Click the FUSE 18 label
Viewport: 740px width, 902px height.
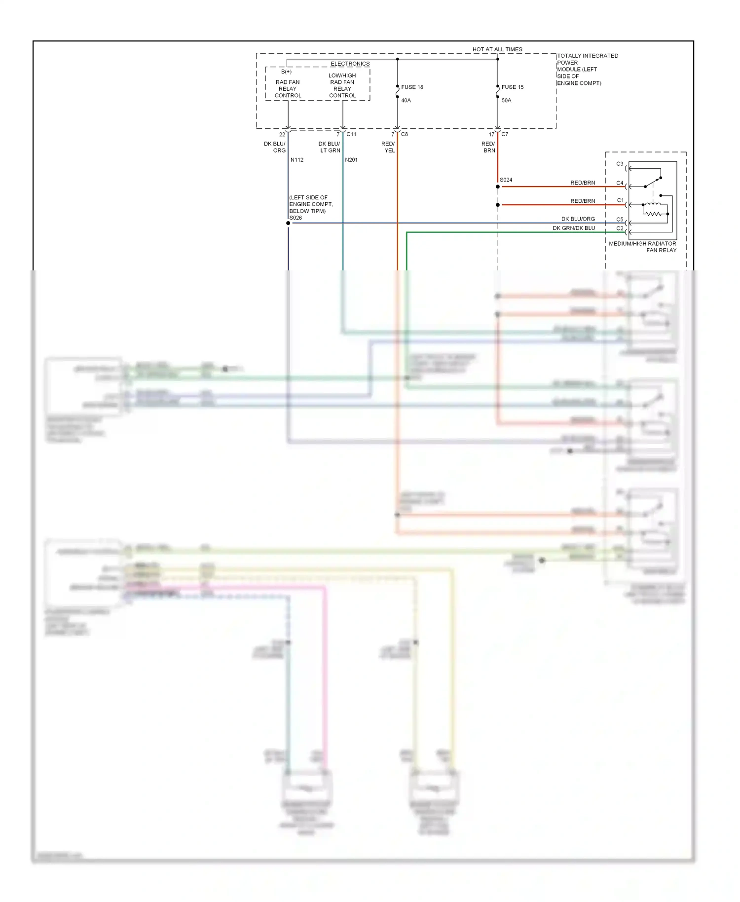(x=412, y=87)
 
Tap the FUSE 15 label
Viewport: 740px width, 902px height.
(x=512, y=87)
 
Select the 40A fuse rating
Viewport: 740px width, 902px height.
(x=406, y=101)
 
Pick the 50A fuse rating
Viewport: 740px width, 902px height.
(x=506, y=101)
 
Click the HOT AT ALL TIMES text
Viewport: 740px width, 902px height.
(x=497, y=49)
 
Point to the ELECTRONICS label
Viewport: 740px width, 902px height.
(x=350, y=64)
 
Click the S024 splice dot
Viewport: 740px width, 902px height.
(x=498, y=187)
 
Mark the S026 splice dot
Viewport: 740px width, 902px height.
(x=288, y=223)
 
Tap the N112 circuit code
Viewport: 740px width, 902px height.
(x=297, y=160)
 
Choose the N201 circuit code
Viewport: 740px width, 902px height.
(x=351, y=160)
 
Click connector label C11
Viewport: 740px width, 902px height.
(x=351, y=134)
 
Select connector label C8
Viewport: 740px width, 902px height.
(x=405, y=134)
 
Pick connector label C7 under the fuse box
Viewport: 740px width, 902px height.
(x=505, y=134)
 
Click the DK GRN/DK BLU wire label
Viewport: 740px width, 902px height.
(x=574, y=228)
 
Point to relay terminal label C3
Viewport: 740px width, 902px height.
(x=620, y=164)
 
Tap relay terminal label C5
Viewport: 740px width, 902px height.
(x=620, y=220)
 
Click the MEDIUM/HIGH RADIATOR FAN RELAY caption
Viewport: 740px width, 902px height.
(x=642, y=247)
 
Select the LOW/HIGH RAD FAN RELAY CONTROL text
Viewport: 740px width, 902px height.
(x=342, y=85)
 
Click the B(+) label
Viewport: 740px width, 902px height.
(x=286, y=72)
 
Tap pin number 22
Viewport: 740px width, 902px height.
(x=282, y=134)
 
